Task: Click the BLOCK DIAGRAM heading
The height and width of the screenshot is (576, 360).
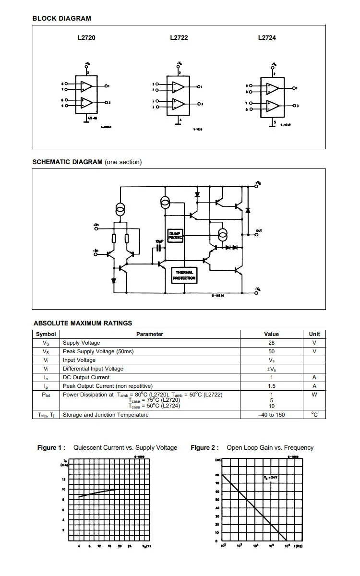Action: click(61, 18)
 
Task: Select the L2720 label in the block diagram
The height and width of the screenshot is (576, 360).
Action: click(86, 37)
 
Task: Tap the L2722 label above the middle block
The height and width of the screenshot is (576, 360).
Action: click(179, 37)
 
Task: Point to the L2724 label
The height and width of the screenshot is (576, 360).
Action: click(267, 37)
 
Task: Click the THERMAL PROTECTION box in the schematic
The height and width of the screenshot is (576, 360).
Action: click(185, 276)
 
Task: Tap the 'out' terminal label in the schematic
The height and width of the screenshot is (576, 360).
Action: click(259, 230)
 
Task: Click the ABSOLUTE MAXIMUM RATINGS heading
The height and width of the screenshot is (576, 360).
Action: click(83, 323)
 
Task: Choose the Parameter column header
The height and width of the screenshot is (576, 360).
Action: click(149, 334)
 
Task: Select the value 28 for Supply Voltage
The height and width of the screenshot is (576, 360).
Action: click(271, 343)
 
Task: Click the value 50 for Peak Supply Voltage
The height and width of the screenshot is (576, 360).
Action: click(271, 351)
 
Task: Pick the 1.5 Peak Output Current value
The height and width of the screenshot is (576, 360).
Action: click(271, 386)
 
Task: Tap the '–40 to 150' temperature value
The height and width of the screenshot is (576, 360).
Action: click(271, 415)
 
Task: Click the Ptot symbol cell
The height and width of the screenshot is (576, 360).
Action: click(46, 395)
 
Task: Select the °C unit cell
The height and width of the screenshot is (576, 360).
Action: click(314, 415)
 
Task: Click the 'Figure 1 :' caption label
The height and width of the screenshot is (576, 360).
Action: click(51, 448)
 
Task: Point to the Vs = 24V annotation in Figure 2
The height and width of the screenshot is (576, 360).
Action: click(271, 478)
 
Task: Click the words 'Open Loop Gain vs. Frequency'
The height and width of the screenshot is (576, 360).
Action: click(270, 448)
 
